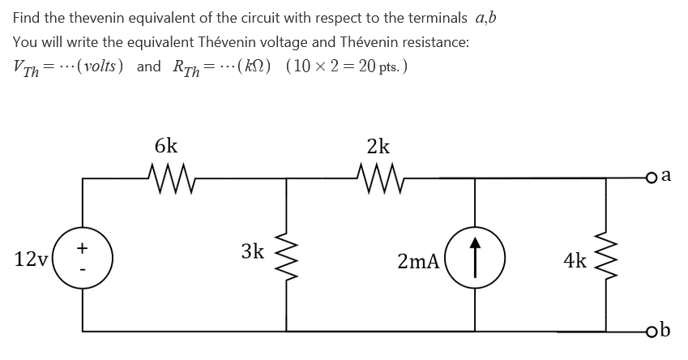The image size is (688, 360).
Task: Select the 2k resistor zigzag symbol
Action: (x=378, y=174)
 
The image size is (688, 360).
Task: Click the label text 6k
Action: (x=166, y=146)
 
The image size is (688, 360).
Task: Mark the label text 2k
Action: (x=378, y=146)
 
